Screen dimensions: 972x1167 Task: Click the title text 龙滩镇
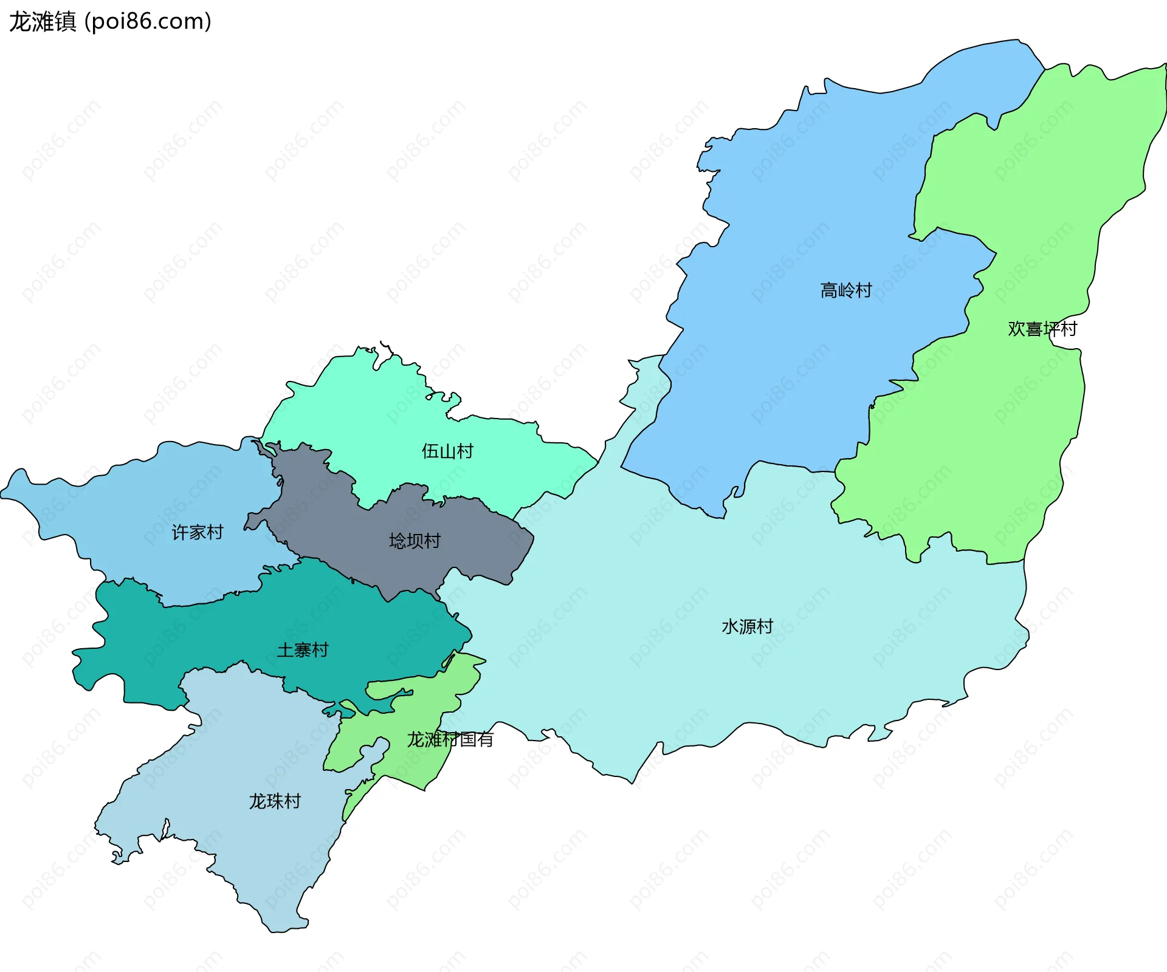click(x=43, y=22)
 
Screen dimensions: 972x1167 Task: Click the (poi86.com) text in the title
click(x=148, y=22)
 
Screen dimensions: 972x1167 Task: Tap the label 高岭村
click(x=845, y=290)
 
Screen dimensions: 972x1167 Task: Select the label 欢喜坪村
click(x=1042, y=329)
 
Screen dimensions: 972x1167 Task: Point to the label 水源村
click(x=747, y=626)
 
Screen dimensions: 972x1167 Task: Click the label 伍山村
click(x=447, y=451)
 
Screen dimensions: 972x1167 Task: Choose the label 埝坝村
click(x=415, y=541)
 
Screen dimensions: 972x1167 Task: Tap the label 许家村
click(x=198, y=532)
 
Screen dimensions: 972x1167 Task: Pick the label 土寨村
click(x=302, y=650)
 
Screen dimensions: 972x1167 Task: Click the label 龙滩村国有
click(x=450, y=739)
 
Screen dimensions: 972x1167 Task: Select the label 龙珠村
click(x=275, y=801)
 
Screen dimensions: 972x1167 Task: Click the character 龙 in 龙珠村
click(x=258, y=801)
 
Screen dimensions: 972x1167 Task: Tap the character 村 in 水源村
click(x=765, y=626)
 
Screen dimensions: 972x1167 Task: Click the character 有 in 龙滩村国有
click(x=485, y=739)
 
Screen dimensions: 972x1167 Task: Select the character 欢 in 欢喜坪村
click(x=1016, y=329)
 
